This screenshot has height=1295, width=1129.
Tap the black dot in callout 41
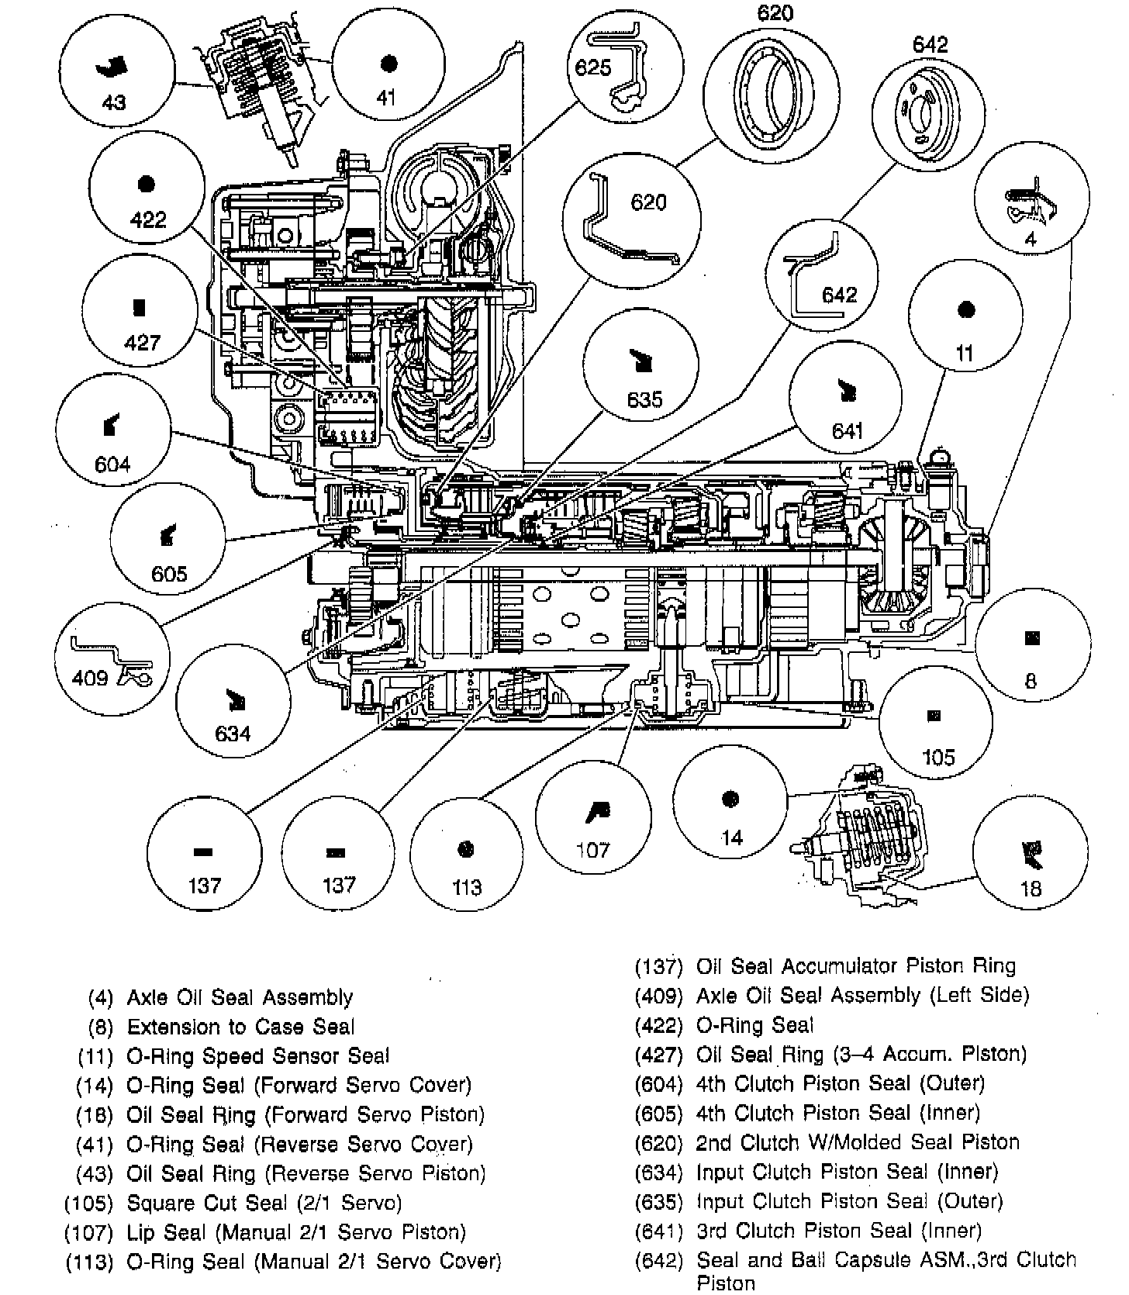388,63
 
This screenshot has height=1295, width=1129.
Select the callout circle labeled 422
145,198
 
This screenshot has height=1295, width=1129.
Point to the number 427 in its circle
142,342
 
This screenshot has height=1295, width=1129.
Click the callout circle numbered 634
233,709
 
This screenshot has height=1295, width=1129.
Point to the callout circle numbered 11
965,326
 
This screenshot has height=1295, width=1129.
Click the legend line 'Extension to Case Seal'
240,1027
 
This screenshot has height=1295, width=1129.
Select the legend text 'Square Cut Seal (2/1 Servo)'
264,1203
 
